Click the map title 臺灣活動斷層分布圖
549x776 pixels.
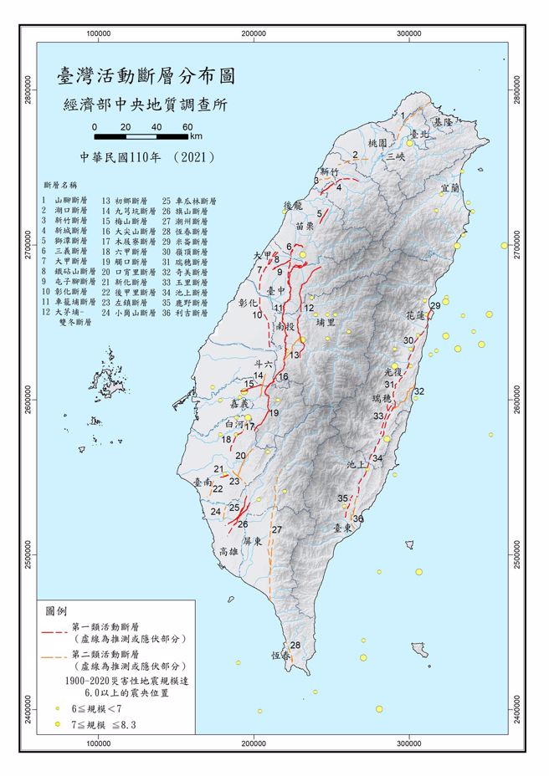coord(144,76)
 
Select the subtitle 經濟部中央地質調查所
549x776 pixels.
coord(144,106)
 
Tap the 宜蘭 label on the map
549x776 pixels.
coord(449,188)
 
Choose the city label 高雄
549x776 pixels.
coord(228,551)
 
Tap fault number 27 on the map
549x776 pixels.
coord(276,530)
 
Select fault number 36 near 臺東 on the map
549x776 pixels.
coord(358,519)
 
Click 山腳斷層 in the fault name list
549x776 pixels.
coord(69,201)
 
